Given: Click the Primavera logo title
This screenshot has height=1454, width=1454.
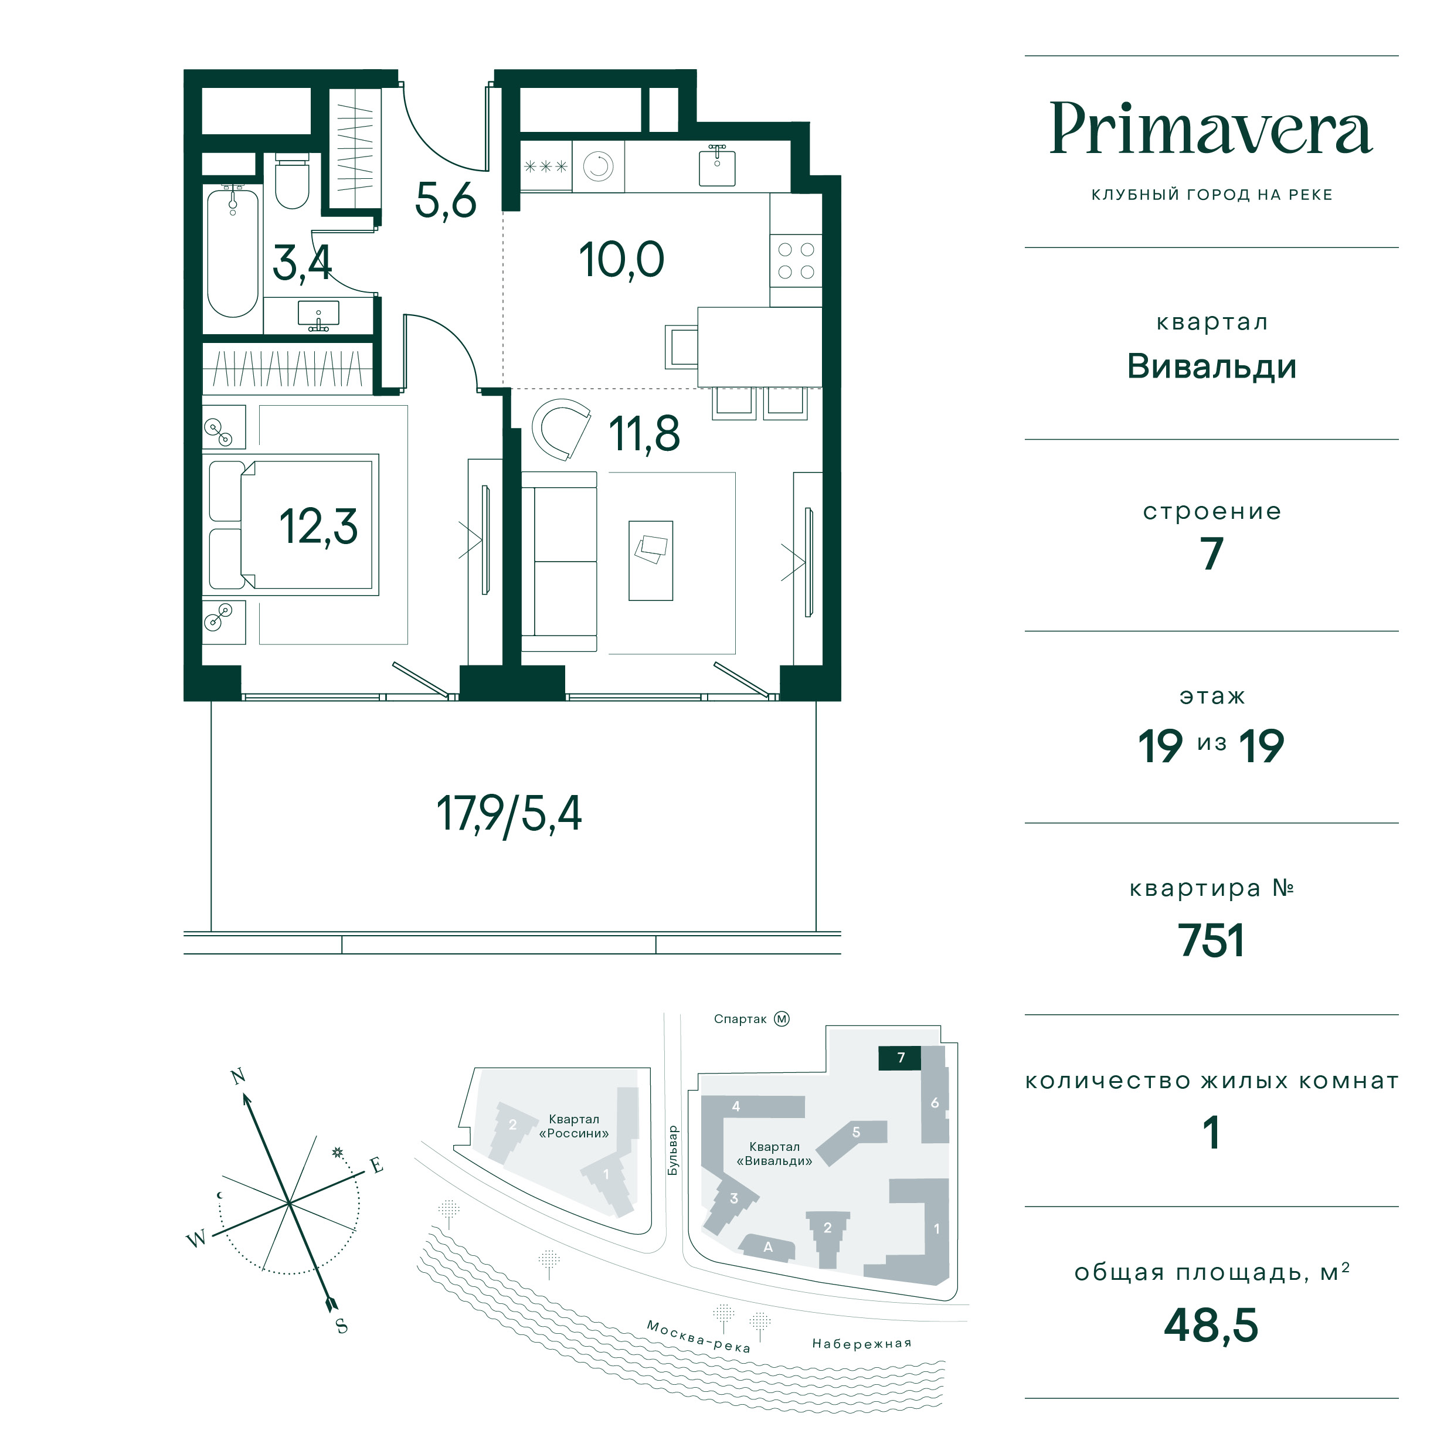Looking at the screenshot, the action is coord(1211,129).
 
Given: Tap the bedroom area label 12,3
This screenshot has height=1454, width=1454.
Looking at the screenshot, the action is coord(318,527).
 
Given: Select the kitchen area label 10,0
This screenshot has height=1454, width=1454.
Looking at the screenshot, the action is coord(621,260).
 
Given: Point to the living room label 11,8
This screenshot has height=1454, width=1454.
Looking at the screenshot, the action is coord(644,434).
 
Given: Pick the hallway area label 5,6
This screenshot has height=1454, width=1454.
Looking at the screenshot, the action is coord(446,201).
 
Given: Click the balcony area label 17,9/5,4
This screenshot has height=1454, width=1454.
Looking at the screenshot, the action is coord(509,814).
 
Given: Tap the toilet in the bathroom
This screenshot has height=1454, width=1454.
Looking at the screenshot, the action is coord(292,181).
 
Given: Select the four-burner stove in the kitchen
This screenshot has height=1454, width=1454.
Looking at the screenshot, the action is coord(796,261).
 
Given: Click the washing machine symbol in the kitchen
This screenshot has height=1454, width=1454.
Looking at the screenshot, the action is coord(598,167).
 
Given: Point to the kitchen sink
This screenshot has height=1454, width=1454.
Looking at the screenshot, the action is coord(716,165).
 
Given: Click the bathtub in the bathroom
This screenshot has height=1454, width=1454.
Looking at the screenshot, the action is coord(233,252).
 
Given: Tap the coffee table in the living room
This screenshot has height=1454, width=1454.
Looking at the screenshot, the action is coord(651,560).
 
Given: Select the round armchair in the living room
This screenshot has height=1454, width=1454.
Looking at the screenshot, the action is coord(560,428).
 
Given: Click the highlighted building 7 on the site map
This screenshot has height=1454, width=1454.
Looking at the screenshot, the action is coord(900,1058).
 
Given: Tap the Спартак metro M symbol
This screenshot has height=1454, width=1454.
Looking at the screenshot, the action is coord(782,1019).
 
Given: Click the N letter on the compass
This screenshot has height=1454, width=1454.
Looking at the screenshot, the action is coord(238,1077).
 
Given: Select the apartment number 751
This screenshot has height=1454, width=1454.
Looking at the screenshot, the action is coord(1211,941).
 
